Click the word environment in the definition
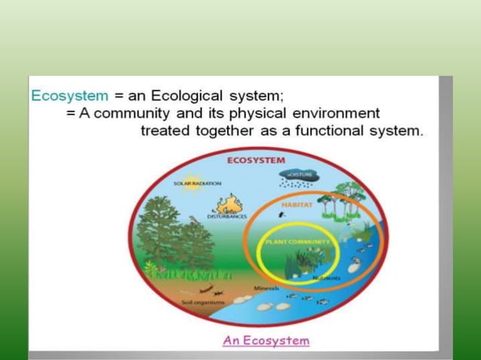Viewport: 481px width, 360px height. click(333, 113)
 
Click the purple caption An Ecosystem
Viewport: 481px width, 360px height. click(265, 340)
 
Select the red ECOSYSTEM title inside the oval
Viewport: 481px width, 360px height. click(256, 160)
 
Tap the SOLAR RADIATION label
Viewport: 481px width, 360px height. click(197, 184)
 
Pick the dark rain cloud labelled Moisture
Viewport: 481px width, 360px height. click(299, 177)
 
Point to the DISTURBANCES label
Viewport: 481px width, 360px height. click(227, 217)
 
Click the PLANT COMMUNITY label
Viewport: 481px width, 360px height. click(298, 241)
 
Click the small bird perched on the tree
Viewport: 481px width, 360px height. click(195, 219)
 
